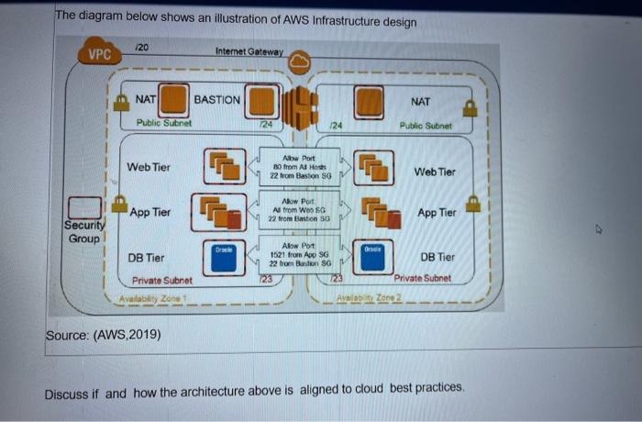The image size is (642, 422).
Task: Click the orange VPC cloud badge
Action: click(x=100, y=53)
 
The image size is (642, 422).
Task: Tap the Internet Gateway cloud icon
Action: click(x=300, y=61)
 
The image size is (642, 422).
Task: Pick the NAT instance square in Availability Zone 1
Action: click(x=175, y=99)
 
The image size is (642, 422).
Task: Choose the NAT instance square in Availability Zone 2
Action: click(x=370, y=100)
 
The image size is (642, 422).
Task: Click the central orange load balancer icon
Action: click(x=300, y=107)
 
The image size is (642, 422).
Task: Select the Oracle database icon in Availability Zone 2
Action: click(x=371, y=258)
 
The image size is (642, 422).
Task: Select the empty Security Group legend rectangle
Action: click(x=87, y=207)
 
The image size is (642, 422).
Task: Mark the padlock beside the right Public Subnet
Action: click(x=470, y=109)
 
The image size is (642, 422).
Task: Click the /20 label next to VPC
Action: click(x=141, y=47)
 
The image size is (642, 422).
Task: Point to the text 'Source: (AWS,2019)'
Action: click(x=104, y=335)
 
